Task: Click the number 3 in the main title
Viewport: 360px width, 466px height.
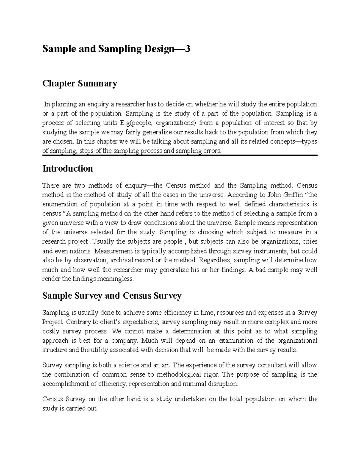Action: (187, 49)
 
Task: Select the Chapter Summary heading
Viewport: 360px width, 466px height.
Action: (79, 83)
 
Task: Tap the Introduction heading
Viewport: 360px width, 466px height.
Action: (67, 169)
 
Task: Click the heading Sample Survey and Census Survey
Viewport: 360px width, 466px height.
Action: (112, 296)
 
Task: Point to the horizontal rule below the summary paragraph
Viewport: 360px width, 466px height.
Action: (180, 155)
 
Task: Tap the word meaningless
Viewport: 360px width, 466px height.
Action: (116, 279)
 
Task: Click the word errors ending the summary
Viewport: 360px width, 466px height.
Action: (212, 151)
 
